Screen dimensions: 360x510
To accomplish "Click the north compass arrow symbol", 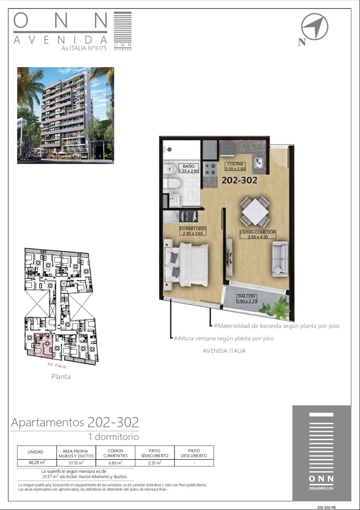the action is pos(315,26).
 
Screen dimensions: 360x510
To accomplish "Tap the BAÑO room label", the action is pos(189,168).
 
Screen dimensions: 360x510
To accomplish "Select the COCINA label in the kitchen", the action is pos(235,166).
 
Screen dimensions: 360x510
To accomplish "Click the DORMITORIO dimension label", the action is pos(193,231).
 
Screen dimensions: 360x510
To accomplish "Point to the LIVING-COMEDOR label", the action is pos(258,234).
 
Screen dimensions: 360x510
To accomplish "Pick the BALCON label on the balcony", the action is pos(247,298).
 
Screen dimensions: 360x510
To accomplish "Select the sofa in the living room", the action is pos(280,259).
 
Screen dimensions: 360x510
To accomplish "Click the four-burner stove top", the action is pos(210,169).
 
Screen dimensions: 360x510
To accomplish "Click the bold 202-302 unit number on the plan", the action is pos(239,180).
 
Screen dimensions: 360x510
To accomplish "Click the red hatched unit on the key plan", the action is pos(43,345).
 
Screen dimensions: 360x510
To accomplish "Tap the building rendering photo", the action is pos(66,115).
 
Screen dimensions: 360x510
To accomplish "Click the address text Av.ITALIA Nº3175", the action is pos(84,49).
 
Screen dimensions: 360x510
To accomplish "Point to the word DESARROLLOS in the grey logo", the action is pos(321,488).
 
